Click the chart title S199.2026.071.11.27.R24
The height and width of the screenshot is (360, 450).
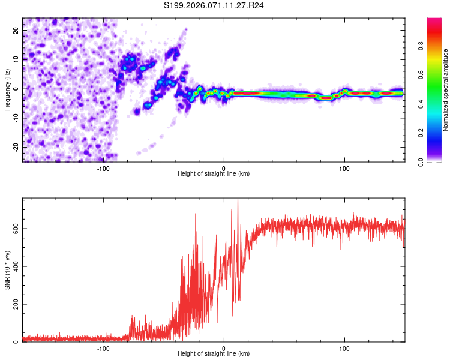click(x=214, y=5)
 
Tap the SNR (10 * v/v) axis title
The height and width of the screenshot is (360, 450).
click(x=7, y=270)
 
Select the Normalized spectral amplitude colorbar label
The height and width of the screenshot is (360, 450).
click(x=446, y=90)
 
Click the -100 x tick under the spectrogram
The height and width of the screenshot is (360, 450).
click(x=103, y=168)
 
